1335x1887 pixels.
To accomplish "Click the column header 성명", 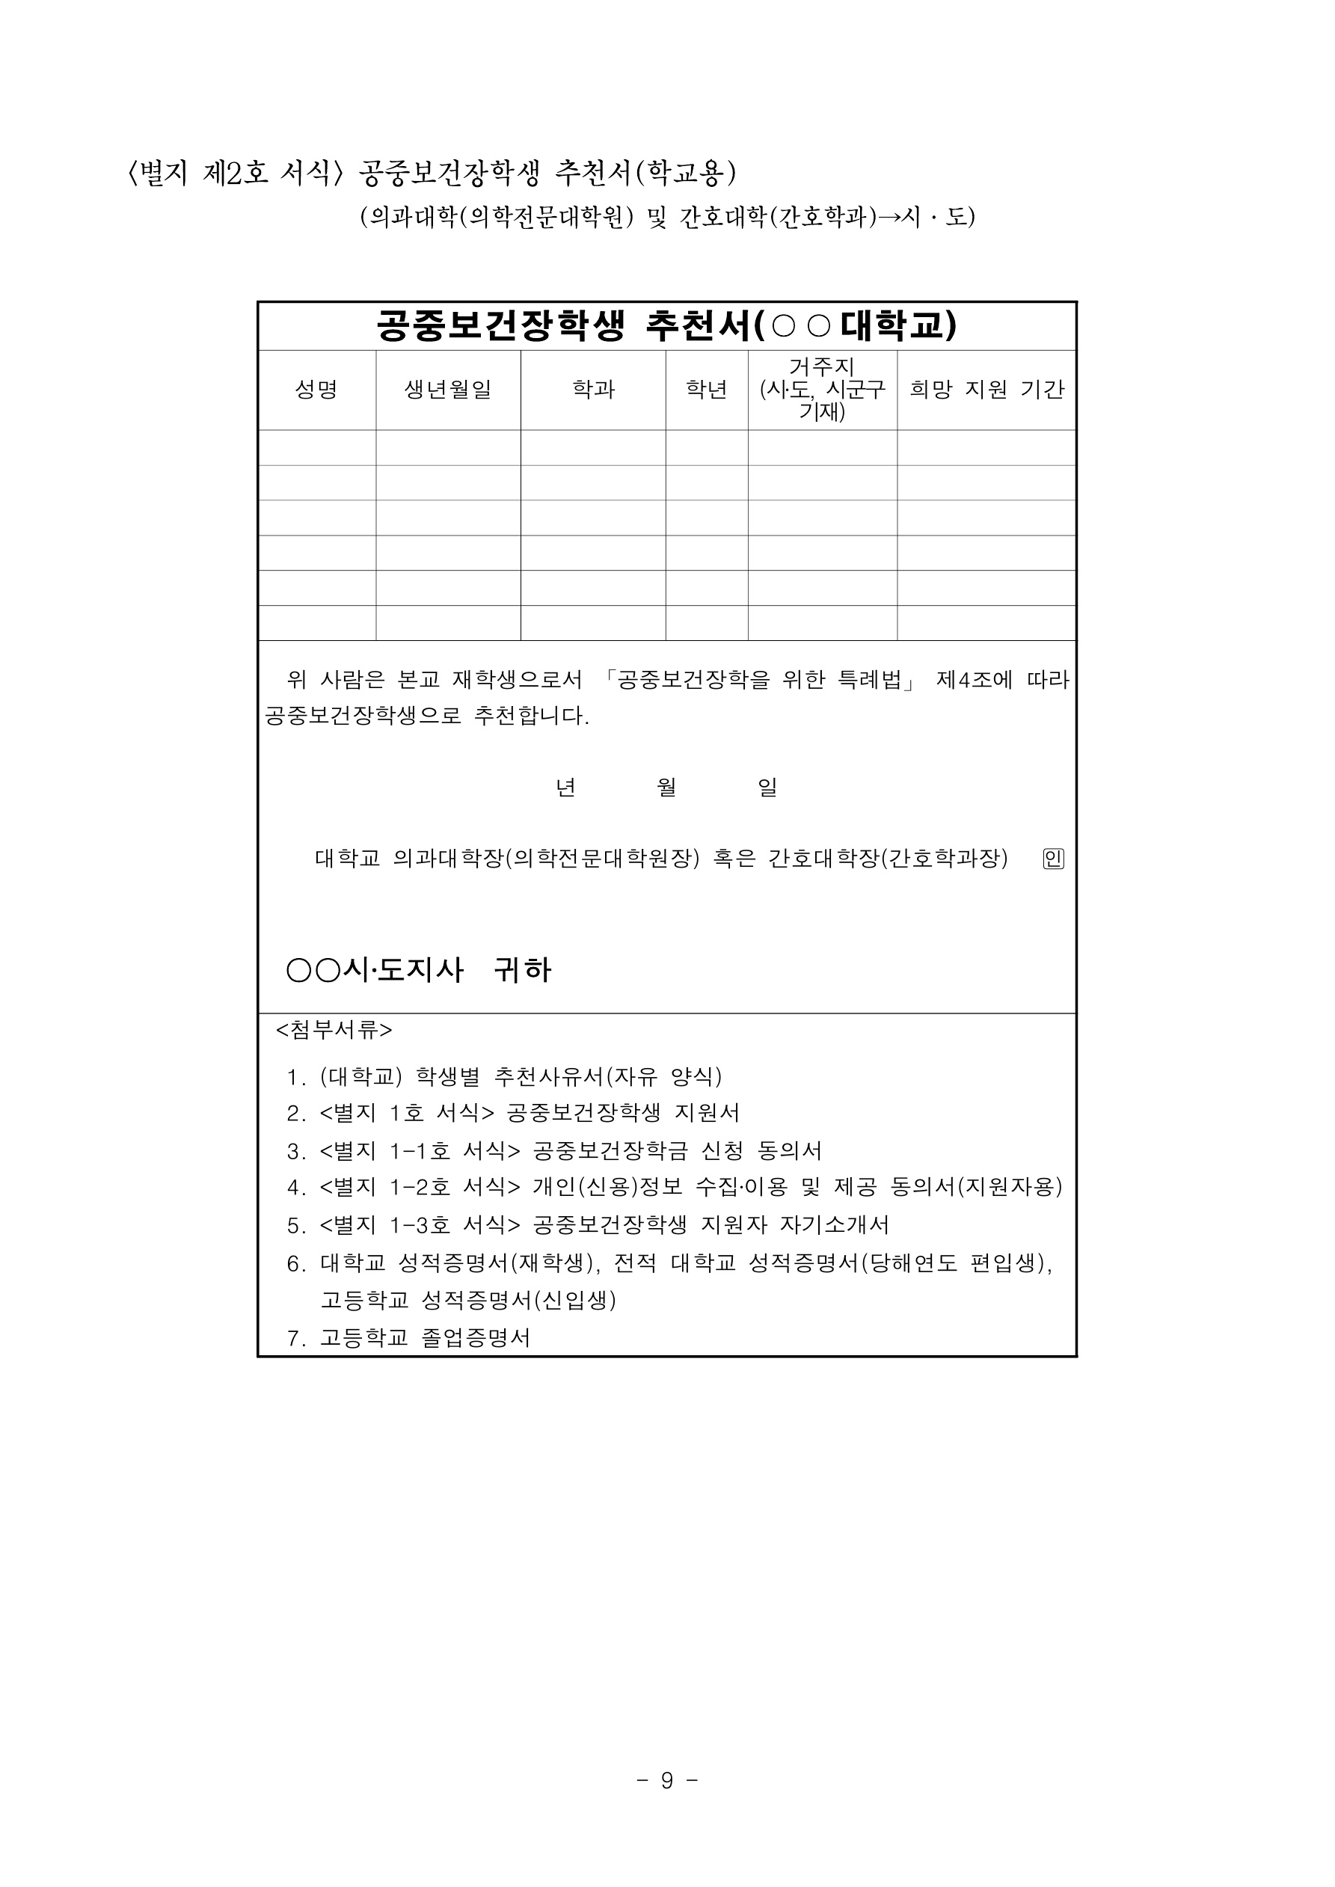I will click(316, 390).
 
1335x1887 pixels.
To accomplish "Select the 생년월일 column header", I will click(448, 390).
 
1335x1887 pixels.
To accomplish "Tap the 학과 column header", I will click(594, 390).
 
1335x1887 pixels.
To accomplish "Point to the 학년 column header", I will click(707, 390).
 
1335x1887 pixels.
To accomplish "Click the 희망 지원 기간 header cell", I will click(986, 390).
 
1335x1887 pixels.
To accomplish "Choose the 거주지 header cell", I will click(822, 389).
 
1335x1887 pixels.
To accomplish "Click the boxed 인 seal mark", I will click(1053, 859).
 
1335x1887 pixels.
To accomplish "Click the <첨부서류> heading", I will click(334, 1030).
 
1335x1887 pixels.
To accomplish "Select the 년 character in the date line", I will click(565, 788).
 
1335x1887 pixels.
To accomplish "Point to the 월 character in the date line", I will click(666, 788).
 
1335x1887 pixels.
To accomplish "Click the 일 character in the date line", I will click(767, 788).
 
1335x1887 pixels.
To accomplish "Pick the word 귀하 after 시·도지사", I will click(522, 970).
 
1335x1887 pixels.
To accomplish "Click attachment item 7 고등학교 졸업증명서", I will click(408, 1338).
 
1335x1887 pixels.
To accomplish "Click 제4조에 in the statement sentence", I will click(974, 680).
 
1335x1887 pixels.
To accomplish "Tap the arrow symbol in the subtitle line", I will click(889, 217).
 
